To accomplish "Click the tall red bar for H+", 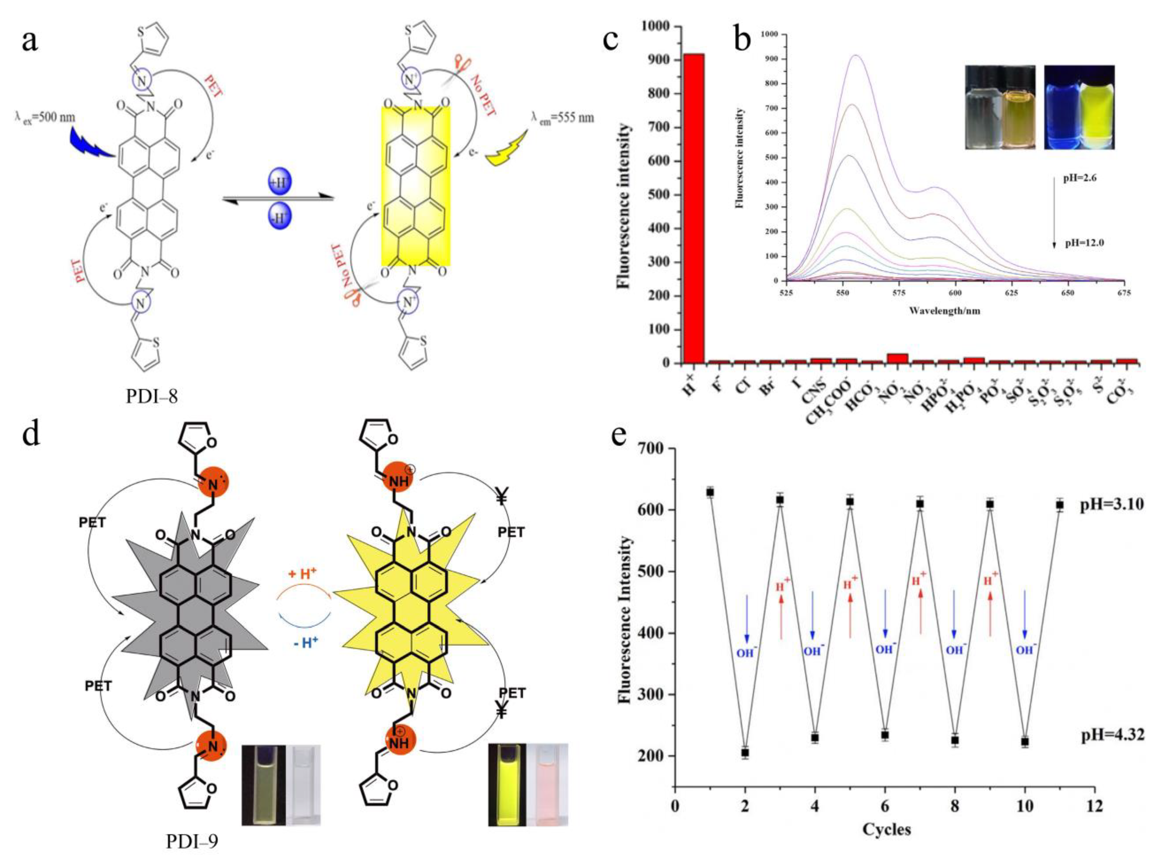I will pos(693,207).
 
